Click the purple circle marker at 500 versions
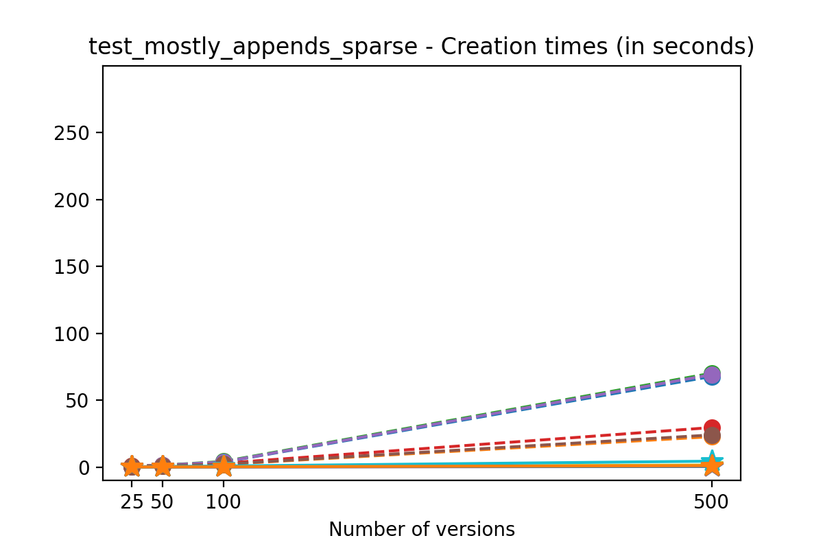[x=712, y=376]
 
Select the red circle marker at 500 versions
[x=712, y=428]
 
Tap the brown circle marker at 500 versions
[x=712, y=436]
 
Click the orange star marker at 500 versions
[x=712, y=467]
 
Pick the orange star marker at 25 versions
[x=132, y=467]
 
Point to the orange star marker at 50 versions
[x=162, y=467]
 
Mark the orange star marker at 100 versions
[x=223, y=467]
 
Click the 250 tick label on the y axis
[x=73, y=132]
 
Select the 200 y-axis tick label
[x=73, y=200]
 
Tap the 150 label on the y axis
[x=73, y=266]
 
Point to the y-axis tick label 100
[x=73, y=334]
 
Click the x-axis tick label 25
[x=132, y=502]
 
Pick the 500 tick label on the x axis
[x=712, y=502]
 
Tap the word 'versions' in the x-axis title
[x=479, y=529]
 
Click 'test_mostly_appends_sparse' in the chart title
[x=253, y=47]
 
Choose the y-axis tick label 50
[x=77, y=400]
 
